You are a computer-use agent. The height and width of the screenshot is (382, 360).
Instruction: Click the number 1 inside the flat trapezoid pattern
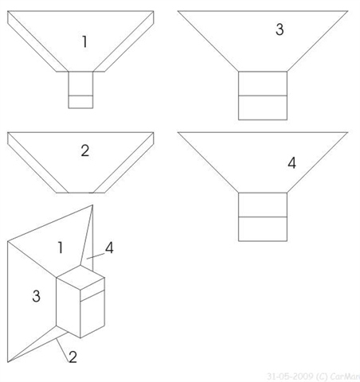[x=84, y=41]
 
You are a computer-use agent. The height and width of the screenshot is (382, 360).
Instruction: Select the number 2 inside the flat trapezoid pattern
[x=85, y=150]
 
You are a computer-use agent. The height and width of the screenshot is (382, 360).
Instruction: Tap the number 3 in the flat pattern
[x=280, y=29]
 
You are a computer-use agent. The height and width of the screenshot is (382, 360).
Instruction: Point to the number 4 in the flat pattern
[x=292, y=163]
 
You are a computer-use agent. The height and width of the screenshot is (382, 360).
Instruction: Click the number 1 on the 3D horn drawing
[x=61, y=248]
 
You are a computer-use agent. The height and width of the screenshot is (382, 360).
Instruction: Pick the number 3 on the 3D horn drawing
[x=37, y=296]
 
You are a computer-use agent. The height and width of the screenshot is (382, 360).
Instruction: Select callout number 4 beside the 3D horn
[x=109, y=248]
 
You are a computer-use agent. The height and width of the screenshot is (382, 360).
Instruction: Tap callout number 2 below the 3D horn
[x=72, y=357]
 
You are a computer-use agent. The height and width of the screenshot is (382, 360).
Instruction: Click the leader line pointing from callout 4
[x=96, y=255]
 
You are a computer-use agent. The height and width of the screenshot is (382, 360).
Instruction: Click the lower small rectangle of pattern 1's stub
[x=80, y=102]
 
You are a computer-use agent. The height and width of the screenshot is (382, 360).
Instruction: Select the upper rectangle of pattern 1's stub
[x=80, y=84]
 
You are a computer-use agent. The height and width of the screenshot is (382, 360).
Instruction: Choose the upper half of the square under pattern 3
[x=263, y=84]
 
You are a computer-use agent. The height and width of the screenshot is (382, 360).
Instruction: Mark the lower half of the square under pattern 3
[x=263, y=107]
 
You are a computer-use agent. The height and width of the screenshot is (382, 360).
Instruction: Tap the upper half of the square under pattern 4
[x=263, y=205]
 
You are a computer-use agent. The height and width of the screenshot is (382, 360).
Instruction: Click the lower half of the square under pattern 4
[x=263, y=229]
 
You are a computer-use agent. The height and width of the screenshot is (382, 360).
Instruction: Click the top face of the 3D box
[x=80, y=277]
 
